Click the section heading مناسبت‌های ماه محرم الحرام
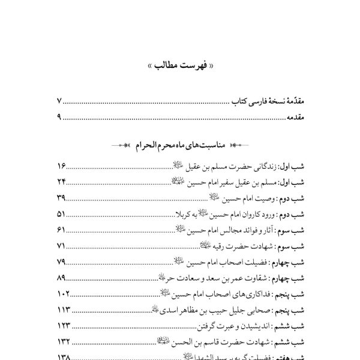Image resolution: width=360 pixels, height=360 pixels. point(180,146)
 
